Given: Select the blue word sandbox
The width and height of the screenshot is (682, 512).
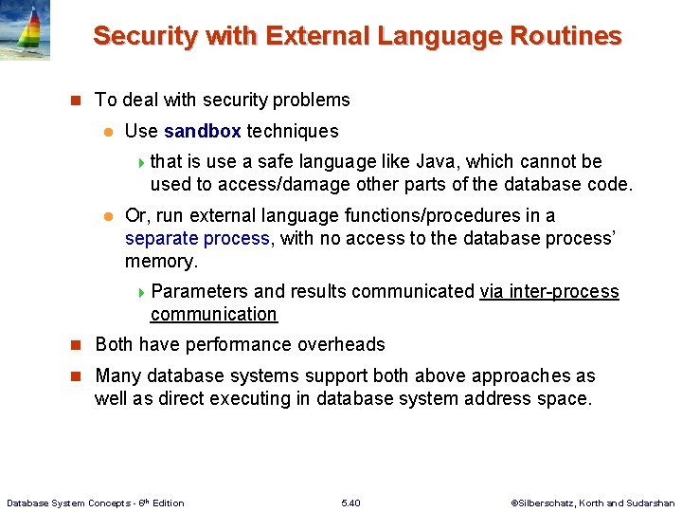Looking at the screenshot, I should tap(203, 131).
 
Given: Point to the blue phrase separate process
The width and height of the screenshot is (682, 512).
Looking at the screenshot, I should tap(197, 238).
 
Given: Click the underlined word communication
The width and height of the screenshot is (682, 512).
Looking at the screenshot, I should tap(214, 314).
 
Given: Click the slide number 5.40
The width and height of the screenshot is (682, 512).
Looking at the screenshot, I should tap(350, 503).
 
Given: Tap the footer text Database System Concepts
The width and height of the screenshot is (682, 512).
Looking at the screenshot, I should tap(71, 503).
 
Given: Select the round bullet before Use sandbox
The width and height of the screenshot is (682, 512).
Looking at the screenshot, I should tap(109, 132).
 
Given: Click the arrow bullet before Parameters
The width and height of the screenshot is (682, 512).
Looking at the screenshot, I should tap(141, 292).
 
